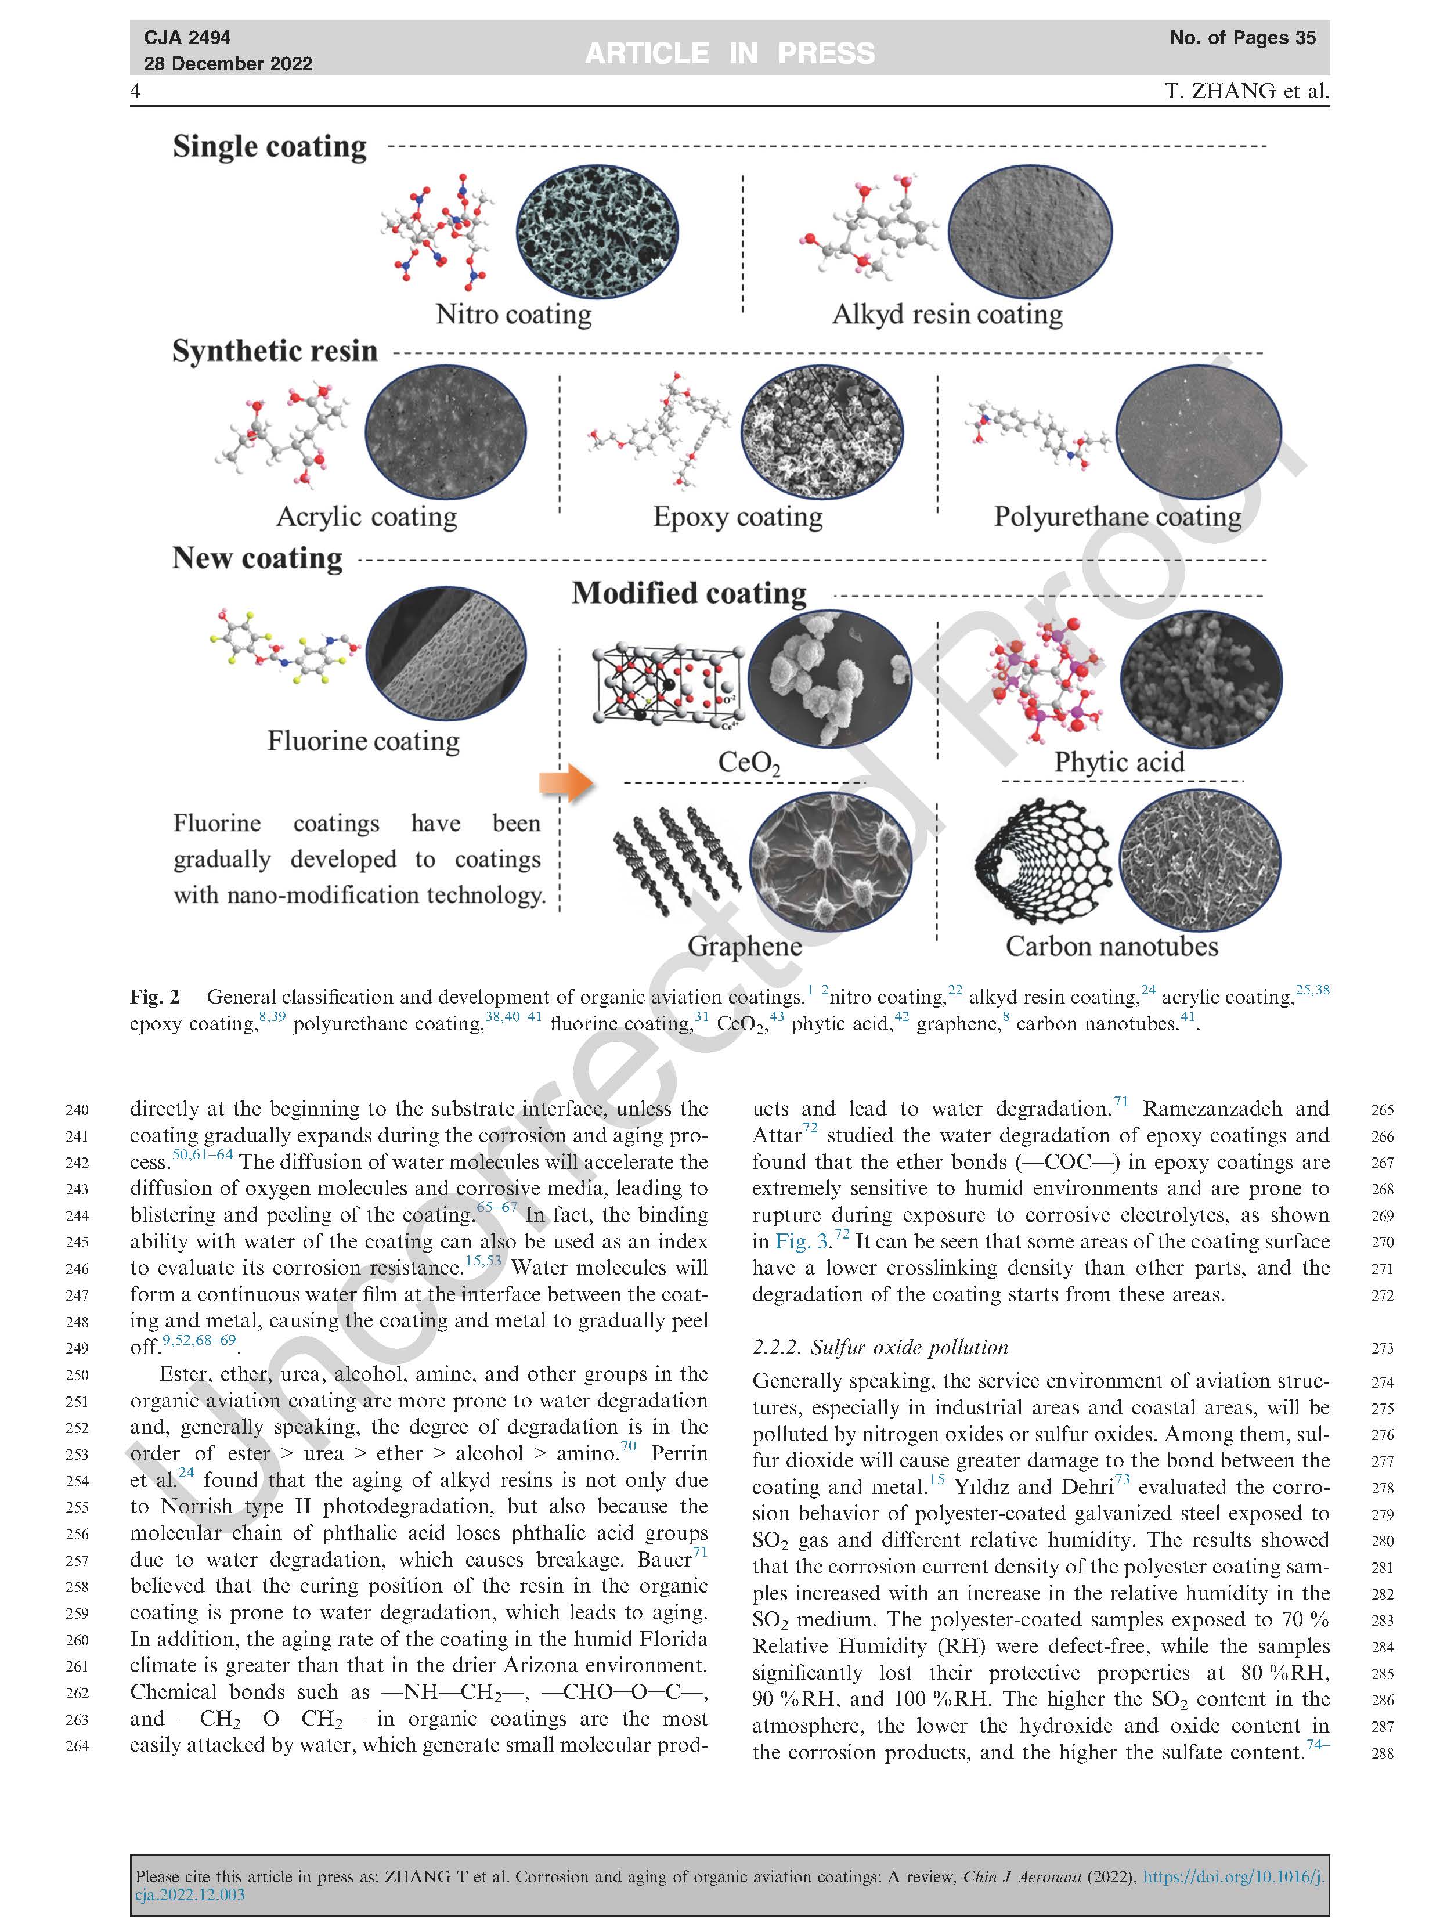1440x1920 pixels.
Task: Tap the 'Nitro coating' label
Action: tap(513, 313)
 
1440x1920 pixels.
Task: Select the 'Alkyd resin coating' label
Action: tap(947, 313)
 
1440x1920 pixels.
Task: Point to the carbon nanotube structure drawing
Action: tap(1044, 860)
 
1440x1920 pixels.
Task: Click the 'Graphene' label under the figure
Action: tap(745, 945)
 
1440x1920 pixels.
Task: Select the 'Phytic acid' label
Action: tap(1119, 761)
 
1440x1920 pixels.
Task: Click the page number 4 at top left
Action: tap(135, 91)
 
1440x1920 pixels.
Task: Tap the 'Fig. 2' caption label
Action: tap(154, 997)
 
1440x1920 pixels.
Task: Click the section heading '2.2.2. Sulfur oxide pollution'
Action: tap(880, 1347)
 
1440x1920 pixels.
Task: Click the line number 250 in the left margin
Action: tap(77, 1375)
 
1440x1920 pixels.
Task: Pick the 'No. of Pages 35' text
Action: tap(1242, 37)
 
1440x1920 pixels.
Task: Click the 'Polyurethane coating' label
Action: tap(1117, 517)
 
